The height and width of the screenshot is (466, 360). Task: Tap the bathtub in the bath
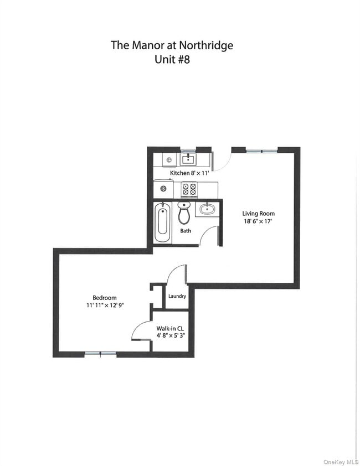(x=162, y=223)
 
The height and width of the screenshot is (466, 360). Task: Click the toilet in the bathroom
(x=184, y=212)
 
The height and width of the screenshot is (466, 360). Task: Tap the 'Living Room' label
(x=258, y=214)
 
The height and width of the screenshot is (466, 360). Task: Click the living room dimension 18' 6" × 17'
(x=258, y=221)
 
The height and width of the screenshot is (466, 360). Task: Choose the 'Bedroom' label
(x=105, y=298)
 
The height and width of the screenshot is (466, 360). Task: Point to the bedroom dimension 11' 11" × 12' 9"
(x=105, y=306)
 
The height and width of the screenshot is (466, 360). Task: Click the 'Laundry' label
(x=177, y=297)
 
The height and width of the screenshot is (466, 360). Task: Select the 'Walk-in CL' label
(x=171, y=328)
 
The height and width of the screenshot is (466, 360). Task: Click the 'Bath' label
(x=186, y=231)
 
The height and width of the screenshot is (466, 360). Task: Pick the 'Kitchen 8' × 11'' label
(x=188, y=173)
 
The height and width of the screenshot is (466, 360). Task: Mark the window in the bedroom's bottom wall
(x=100, y=354)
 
